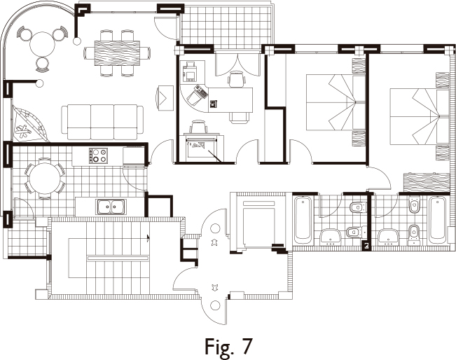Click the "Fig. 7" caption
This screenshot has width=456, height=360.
(228, 346)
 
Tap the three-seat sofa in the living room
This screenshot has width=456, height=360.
(102, 123)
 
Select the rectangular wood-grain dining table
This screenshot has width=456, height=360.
(117, 53)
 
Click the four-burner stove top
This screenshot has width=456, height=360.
(98, 155)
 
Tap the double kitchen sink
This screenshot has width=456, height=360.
(111, 207)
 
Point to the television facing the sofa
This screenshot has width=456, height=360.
(165, 98)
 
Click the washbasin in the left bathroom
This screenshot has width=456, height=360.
(331, 236)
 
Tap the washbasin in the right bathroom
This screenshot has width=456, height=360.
(389, 236)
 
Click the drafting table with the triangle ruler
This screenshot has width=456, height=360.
(202, 148)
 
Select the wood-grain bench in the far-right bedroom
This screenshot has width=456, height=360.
(427, 183)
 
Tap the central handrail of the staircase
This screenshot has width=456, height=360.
(118, 258)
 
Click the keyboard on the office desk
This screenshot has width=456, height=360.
(201, 90)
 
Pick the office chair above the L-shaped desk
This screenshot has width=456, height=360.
(236, 79)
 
